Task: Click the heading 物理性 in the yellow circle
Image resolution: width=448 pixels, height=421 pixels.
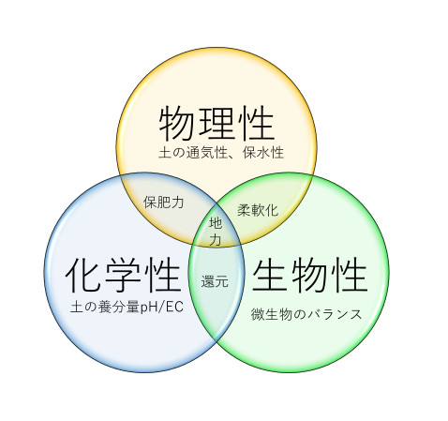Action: (217, 123)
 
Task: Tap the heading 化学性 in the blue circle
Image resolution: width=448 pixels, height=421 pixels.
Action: (123, 275)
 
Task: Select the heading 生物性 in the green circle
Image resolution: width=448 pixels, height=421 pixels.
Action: (309, 275)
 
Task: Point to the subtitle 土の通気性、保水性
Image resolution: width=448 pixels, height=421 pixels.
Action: (221, 153)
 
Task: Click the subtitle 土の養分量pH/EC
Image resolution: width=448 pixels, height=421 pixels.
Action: (127, 307)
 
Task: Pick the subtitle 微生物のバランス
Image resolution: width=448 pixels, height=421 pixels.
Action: (306, 314)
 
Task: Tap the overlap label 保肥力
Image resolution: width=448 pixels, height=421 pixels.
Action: (163, 203)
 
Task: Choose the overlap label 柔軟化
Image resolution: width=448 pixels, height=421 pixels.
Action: (258, 210)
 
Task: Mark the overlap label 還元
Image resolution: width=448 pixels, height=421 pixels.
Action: (215, 281)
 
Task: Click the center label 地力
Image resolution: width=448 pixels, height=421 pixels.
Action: (216, 232)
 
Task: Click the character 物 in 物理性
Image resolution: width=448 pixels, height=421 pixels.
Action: (177, 123)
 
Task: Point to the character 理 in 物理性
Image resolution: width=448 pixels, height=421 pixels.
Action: (217, 123)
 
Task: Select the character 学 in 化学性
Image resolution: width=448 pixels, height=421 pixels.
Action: (123, 275)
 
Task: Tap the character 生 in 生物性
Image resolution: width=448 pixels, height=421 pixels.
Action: (270, 275)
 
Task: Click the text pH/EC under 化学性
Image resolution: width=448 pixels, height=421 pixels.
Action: (161, 308)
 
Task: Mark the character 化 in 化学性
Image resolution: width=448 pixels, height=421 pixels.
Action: (83, 275)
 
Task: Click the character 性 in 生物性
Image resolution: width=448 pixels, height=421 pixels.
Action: (350, 275)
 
